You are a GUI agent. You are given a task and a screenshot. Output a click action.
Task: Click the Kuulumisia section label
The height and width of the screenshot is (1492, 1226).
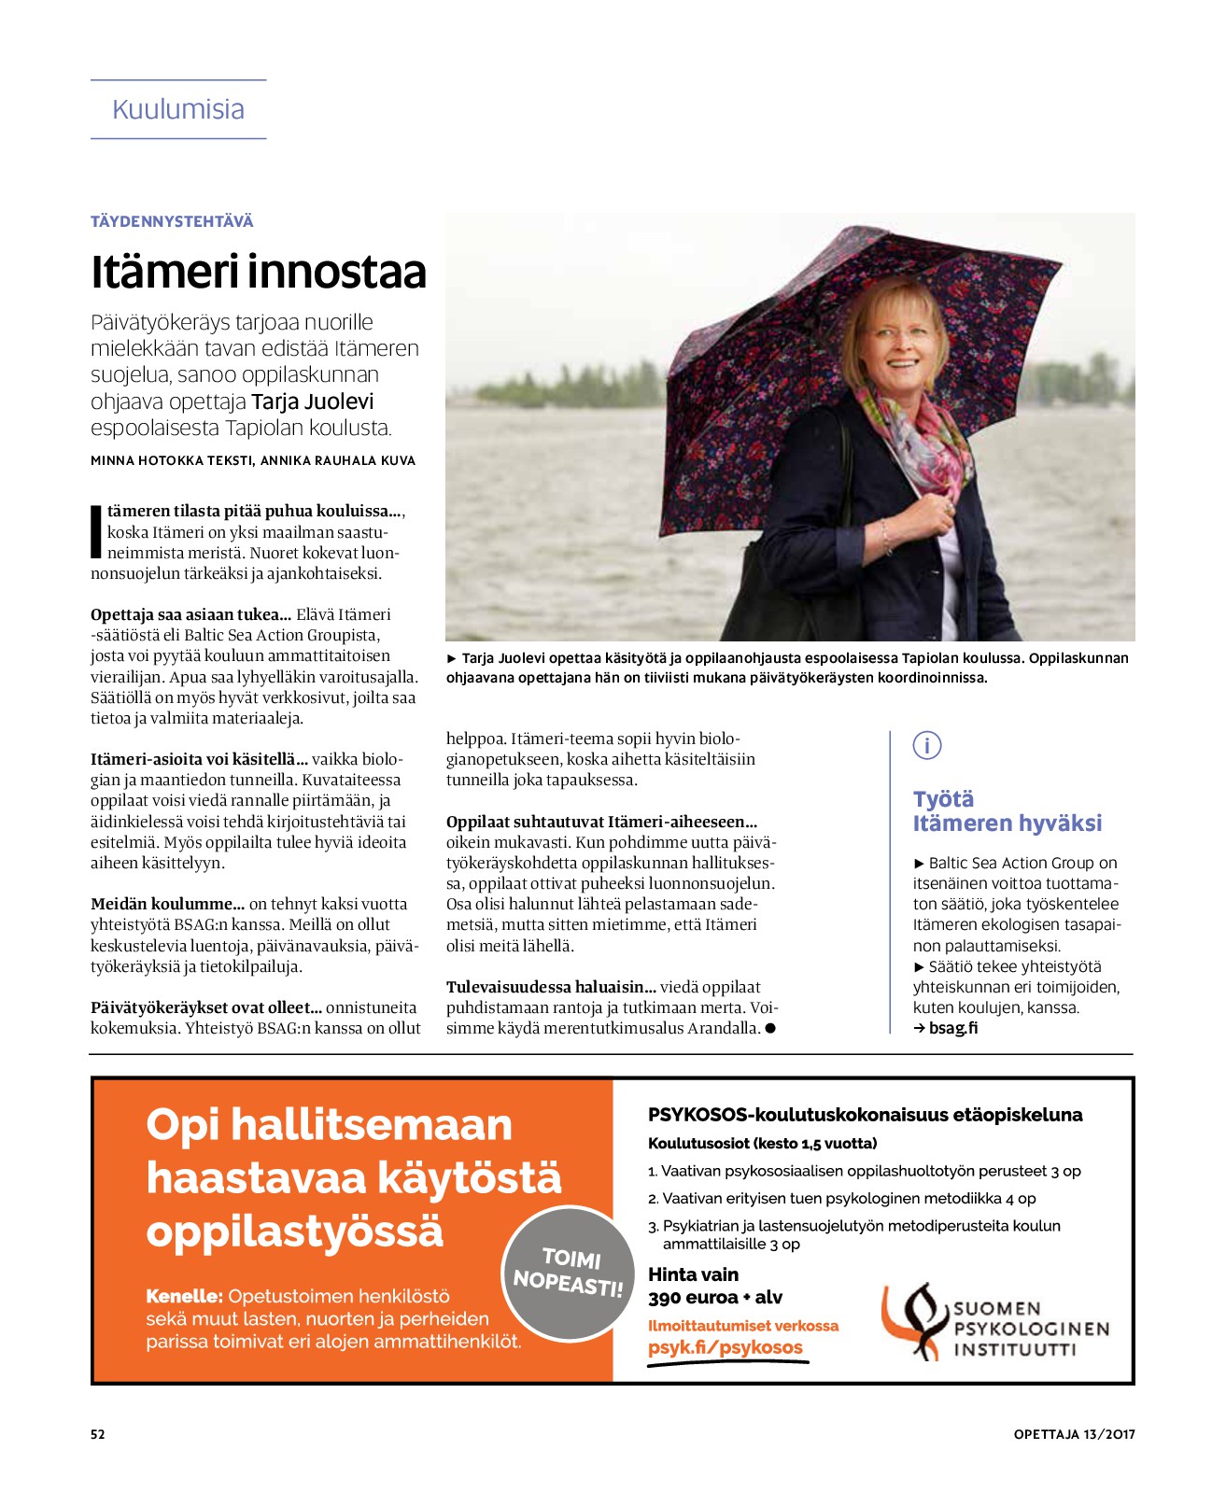[x=178, y=109]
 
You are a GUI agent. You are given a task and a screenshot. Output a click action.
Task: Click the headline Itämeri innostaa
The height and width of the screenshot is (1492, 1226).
[x=259, y=272]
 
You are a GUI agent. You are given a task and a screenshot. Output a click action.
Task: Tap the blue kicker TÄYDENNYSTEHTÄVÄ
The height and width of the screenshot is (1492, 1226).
[x=172, y=221]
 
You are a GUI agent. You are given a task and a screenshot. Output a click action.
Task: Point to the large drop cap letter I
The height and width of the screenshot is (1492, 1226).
[x=95, y=531]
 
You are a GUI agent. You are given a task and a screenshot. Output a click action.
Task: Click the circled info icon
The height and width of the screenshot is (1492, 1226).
[x=926, y=745]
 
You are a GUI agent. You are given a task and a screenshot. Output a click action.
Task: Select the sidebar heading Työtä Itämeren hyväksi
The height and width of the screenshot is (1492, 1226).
[x=1007, y=810]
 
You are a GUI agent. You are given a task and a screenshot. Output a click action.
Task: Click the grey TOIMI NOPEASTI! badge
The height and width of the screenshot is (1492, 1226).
[x=568, y=1272]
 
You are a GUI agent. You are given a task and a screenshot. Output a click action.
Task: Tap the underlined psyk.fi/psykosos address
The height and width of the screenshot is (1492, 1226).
[x=726, y=1347]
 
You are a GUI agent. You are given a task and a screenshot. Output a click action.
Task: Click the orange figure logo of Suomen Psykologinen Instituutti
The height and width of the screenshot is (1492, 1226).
[x=913, y=1320]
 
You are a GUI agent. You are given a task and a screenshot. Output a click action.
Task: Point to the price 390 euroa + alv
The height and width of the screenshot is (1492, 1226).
[x=715, y=1297]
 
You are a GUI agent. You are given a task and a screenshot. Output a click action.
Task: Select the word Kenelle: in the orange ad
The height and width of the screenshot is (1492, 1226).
[x=184, y=1296]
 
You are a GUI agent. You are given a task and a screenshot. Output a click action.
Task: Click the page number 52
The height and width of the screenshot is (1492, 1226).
[x=98, y=1434]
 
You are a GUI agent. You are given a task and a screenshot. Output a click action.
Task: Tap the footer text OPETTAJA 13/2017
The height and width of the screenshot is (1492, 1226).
[x=1074, y=1434]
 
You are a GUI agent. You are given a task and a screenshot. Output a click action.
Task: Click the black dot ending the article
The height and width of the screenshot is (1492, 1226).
[x=770, y=1028]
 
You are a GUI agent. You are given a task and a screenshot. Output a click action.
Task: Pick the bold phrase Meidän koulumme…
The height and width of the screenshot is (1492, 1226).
[x=167, y=904]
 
